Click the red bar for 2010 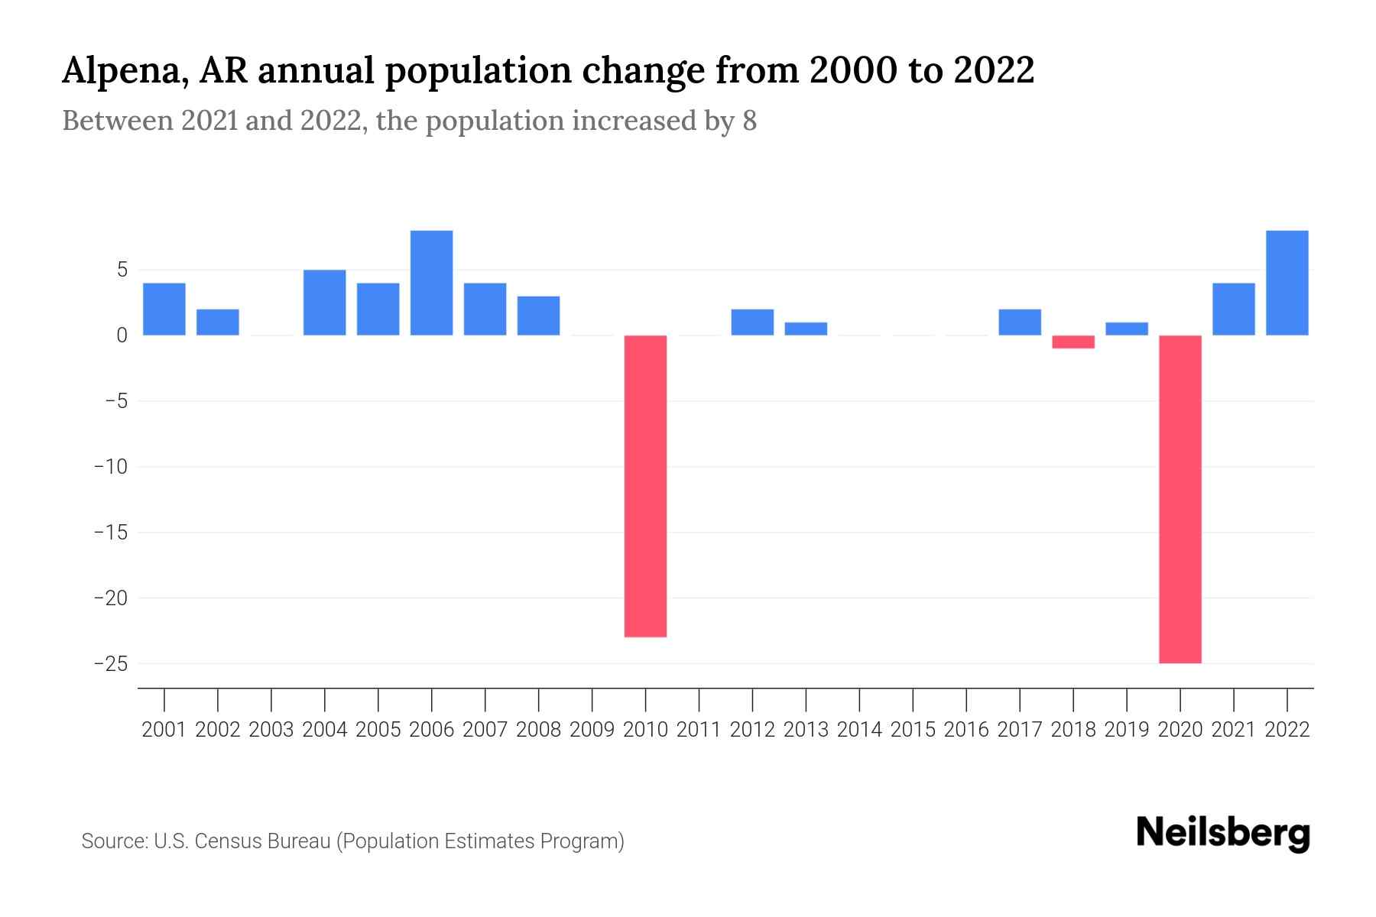[645, 486]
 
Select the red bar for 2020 [1180, 499]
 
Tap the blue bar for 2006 [431, 283]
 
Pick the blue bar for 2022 [1287, 283]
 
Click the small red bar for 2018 [1073, 342]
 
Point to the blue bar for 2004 [324, 303]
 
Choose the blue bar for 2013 [806, 329]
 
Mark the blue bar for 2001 [164, 309]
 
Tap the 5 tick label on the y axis [122, 270]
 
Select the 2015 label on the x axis [913, 730]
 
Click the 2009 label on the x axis [592, 730]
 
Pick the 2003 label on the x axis [271, 730]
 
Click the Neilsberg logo [1223, 834]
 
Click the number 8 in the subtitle [749, 122]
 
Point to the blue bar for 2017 [1019, 322]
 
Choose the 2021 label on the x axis [1233, 730]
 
